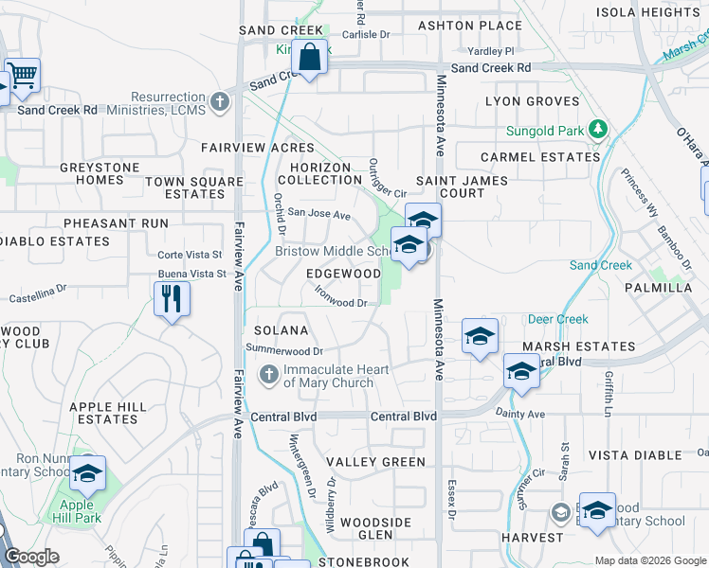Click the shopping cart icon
click(22, 76)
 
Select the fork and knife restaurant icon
click(172, 299)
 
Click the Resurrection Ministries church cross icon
click(220, 102)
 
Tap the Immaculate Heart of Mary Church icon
click(269, 376)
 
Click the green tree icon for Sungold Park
click(597, 128)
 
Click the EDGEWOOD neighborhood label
click(343, 273)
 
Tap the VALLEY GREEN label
click(376, 462)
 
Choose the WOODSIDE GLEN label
click(376, 528)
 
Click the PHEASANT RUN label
click(116, 223)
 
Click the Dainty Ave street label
click(522, 414)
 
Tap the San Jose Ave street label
click(319, 214)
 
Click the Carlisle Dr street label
click(366, 34)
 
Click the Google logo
click(32, 556)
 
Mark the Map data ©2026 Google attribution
click(649, 560)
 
